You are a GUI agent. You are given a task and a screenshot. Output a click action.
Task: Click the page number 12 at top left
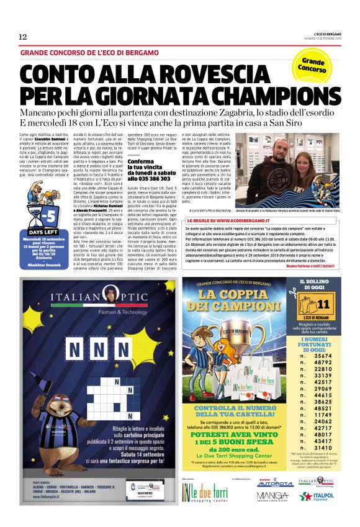(x=23, y=37)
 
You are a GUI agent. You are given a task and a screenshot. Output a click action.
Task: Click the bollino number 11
(x=322, y=305)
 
